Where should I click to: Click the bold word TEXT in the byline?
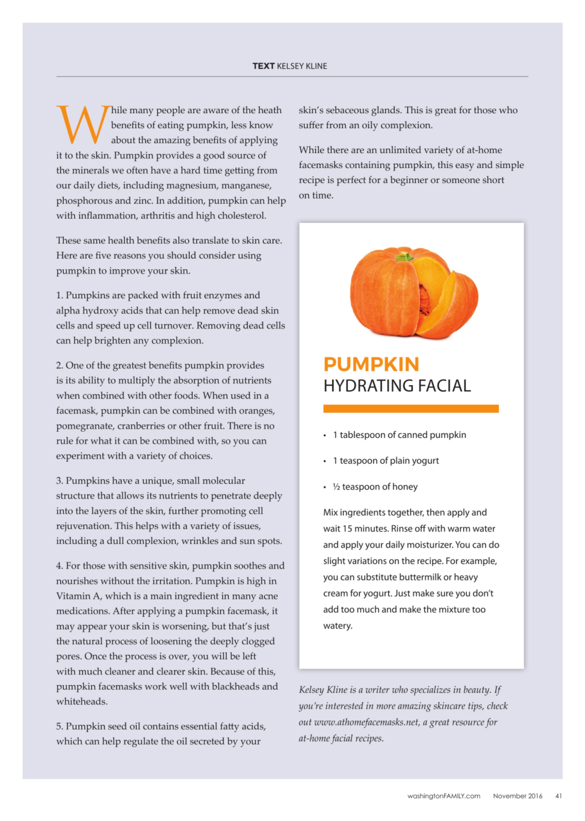[263, 66]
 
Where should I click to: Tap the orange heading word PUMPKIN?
[371, 364]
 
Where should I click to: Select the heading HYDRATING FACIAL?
[397, 386]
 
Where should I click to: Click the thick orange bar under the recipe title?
[411, 409]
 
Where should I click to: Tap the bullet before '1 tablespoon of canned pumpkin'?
[325, 436]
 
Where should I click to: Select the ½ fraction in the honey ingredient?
[336, 487]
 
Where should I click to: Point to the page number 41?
[558, 796]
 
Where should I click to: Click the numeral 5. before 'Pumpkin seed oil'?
[60, 726]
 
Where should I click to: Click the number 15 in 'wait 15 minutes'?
[347, 529]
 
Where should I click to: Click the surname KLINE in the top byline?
[317, 66]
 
